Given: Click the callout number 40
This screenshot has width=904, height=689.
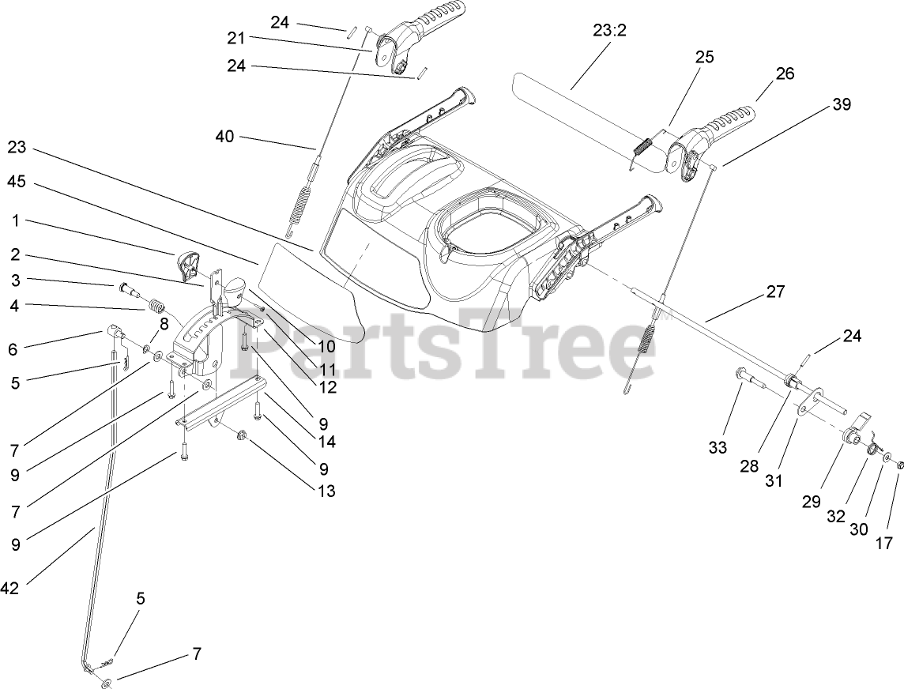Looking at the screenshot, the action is tap(224, 136).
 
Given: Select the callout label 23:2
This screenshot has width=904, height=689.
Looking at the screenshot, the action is tap(608, 31).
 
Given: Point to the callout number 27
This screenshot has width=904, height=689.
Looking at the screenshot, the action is tap(775, 292).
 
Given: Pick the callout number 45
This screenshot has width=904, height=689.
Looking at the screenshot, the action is tap(17, 181).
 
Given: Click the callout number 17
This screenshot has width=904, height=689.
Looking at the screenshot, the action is tap(883, 543).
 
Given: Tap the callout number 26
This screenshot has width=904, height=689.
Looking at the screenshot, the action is tap(785, 73).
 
